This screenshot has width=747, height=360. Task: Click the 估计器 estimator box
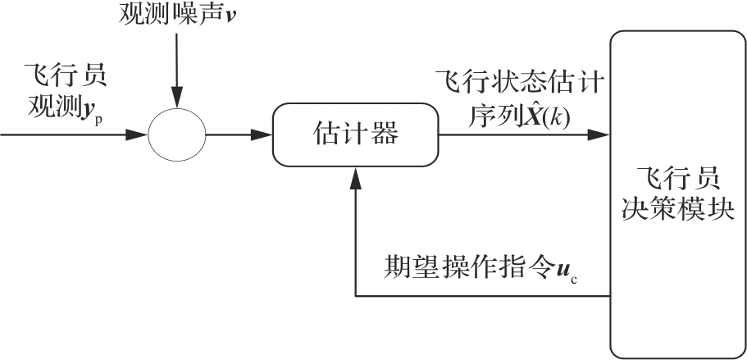pyautogui.click(x=353, y=134)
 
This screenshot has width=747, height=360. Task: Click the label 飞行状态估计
pyautogui.click(x=519, y=83)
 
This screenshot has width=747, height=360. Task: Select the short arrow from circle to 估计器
pyautogui.click(x=240, y=134)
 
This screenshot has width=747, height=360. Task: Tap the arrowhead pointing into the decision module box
pyautogui.click(x=603, y=134)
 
